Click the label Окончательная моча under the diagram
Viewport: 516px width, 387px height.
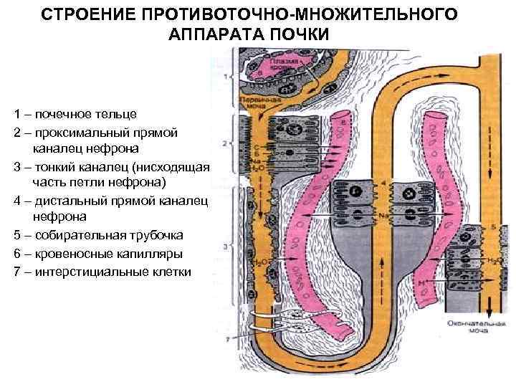(467, 327)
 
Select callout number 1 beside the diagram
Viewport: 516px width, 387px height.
(226, 76)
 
